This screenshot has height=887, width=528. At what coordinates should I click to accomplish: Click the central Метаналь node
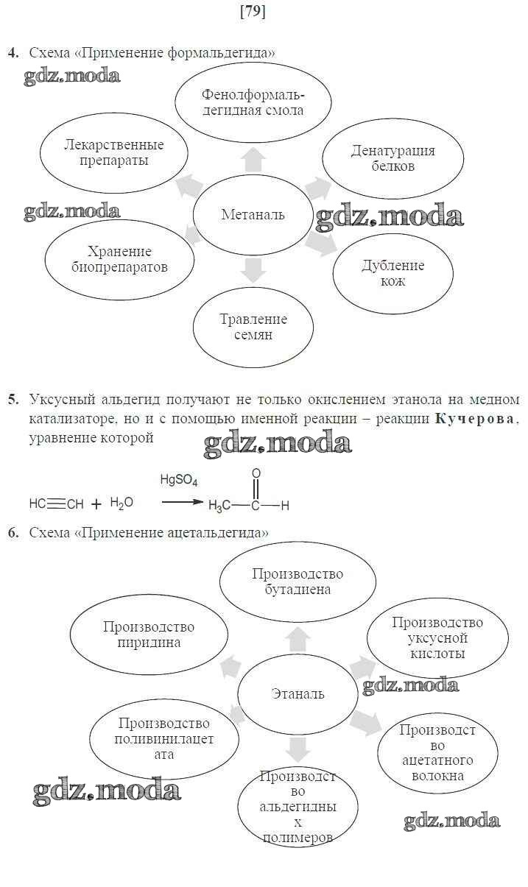[253, 215]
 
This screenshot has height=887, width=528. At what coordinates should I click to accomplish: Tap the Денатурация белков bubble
[393, 159]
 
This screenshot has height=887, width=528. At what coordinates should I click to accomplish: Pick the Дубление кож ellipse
[393, 273]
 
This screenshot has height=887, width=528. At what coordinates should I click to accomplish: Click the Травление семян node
[253, 327]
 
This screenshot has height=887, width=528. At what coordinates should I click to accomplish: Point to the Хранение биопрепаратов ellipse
[119, 259]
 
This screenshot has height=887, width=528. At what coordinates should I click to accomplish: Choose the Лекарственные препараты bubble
[113, 153]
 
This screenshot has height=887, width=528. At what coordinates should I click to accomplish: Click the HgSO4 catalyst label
[178, 480]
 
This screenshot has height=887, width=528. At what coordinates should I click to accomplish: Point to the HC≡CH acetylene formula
[56, 504]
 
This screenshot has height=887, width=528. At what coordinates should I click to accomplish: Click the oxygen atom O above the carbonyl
[256, 474]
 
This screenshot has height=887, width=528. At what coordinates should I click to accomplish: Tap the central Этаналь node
[298, 693]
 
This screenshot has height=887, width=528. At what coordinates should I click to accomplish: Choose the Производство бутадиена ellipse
[298, 582]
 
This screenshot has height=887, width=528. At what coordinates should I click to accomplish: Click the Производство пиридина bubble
[149, 635]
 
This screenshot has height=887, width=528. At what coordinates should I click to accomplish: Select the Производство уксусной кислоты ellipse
[437, 637]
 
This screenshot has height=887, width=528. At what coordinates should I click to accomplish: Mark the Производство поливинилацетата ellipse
[164, 739]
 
